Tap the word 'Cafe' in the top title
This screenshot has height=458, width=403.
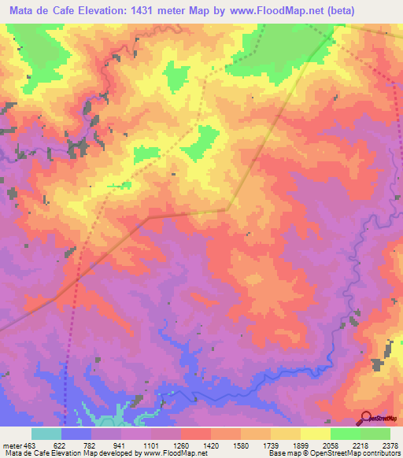point(69,11)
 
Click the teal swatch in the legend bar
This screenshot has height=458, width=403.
point(46,434)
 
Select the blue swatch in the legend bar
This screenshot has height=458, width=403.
point(76,434)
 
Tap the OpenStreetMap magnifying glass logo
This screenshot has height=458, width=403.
point(366,418)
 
